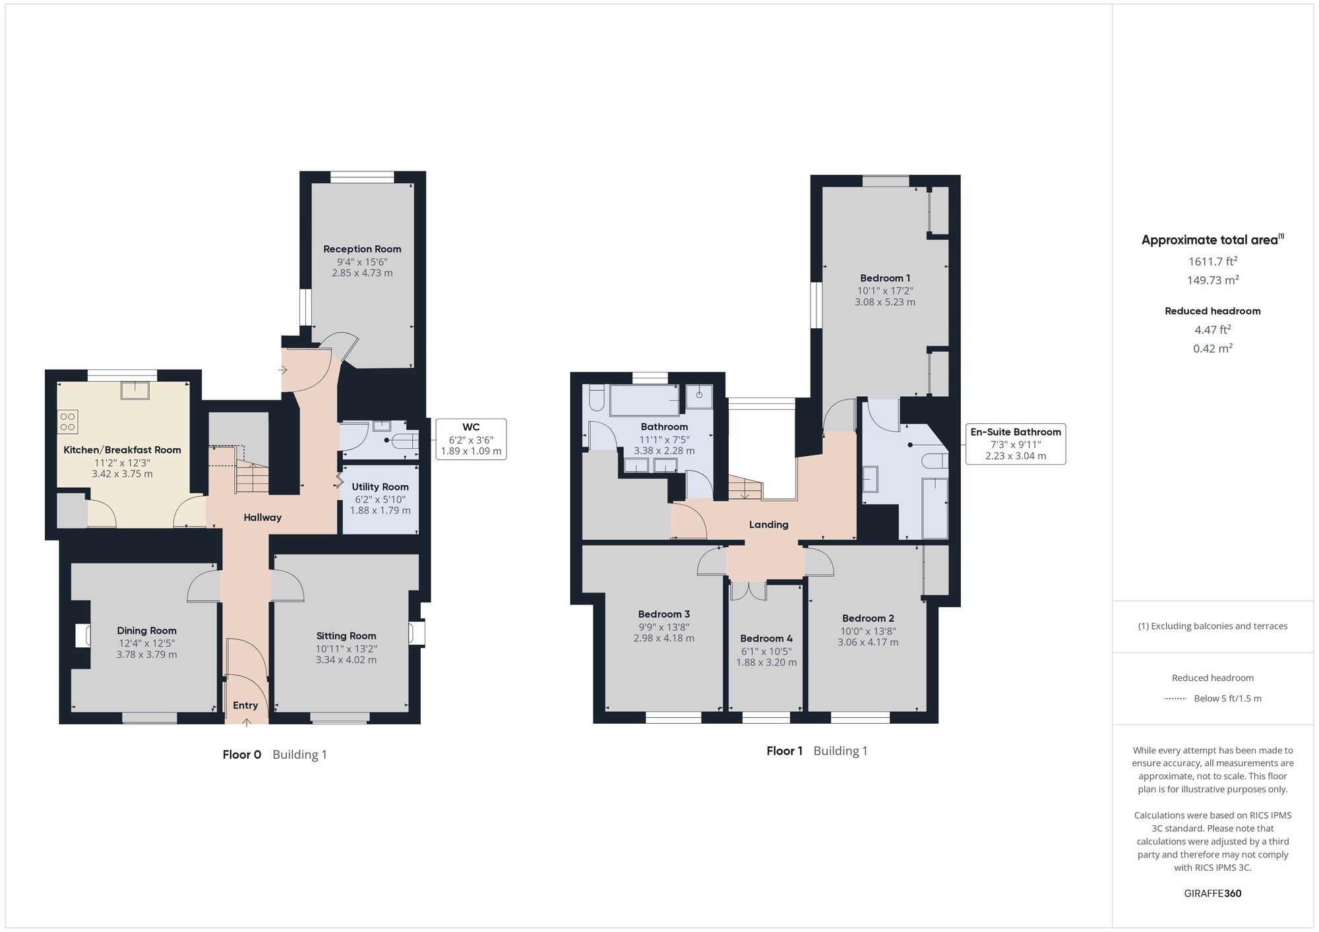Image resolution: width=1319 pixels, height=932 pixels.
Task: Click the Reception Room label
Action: (x=362, y=249)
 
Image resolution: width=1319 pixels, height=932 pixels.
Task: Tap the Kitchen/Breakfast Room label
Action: (x=122, y=450)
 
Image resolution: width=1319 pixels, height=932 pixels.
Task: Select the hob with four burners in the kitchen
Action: (x=67, y=422)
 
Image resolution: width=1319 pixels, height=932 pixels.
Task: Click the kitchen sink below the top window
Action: (x=135, y=390)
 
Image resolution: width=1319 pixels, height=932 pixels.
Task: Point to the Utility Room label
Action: (x=380, y=487)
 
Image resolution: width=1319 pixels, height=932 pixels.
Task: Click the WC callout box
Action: (x=471, y=439)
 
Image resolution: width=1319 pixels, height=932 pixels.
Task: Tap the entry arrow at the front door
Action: (x=247, y=722)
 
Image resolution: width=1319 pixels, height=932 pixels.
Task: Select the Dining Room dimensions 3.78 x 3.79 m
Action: (x=146, y=655)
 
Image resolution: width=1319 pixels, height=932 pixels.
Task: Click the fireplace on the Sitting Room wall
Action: (x=417, y=633)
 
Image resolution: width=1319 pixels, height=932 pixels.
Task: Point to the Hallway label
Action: (x=262, y=517)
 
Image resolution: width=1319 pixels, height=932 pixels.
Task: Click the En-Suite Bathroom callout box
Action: (x=1016, y=444)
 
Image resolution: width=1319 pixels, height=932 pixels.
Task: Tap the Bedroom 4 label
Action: (x=766, y=639)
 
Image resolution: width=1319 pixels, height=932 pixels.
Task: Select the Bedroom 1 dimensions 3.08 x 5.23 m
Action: (x=885, y=302)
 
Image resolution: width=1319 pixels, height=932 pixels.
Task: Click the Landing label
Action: (x=769, y=525)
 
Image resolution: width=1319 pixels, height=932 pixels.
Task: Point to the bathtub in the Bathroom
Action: (x=645, y=400)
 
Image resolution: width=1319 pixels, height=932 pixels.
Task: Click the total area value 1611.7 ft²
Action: (x=1213, y=261)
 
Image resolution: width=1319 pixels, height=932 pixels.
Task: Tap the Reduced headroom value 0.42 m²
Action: (x=1213, y=348)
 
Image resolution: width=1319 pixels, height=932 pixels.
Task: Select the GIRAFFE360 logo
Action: (x=1213, y=894)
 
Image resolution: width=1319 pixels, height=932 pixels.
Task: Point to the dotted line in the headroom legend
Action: (x=1175, y=699)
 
